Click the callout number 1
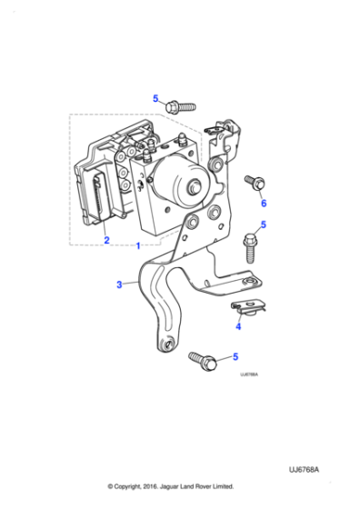[137, 245]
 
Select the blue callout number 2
[105, 240]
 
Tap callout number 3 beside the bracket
[118, 284]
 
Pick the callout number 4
[238, 326]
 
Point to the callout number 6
[264, 204]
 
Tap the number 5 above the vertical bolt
[264, 224]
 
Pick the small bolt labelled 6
[255, 183]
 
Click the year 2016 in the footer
[169, 486]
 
